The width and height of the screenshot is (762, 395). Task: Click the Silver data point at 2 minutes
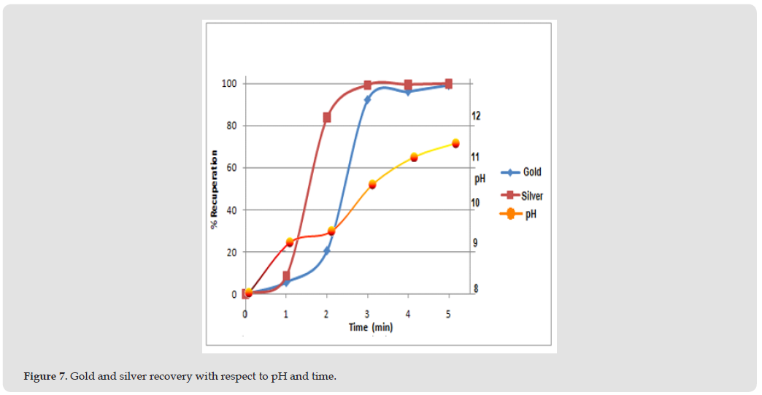(327, 118)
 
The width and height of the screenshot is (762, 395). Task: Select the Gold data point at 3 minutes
(367, 99)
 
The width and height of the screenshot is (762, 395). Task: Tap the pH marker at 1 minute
(290, 242)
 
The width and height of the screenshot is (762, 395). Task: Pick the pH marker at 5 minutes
(455, 143)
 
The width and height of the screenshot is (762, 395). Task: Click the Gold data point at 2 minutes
(327, 250)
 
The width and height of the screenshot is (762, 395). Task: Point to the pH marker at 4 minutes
(414, 157)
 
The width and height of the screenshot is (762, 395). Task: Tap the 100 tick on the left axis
(230, 83)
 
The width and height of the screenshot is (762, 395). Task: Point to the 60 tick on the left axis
(232, 168)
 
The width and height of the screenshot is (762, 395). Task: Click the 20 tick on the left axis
(232, 253)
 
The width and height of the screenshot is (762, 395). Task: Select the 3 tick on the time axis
(368, 312)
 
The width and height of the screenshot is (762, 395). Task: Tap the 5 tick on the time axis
(449, 312)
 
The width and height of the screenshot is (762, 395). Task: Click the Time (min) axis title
(370, 327)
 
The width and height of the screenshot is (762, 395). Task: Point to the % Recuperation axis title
(215, 189)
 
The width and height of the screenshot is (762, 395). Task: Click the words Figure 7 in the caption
(45, 377)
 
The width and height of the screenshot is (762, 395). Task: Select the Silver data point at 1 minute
(286, 277)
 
